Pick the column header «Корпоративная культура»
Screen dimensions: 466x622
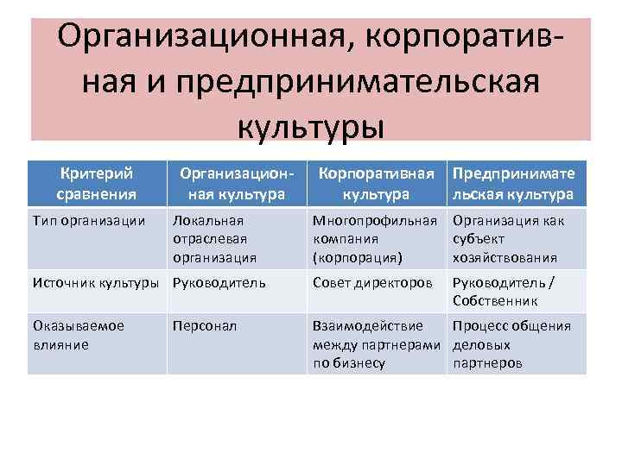[x=375, y=182]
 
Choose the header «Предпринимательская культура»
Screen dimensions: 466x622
[x=513, y=182]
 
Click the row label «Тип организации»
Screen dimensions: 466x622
[x=88, y=221]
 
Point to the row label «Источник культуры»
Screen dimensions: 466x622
[x=95, y=281]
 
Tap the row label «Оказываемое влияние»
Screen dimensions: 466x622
[x=79, y=335]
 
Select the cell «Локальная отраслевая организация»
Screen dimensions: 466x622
[x=214, y=238]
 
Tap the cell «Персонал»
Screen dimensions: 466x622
[x=205, y=327]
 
